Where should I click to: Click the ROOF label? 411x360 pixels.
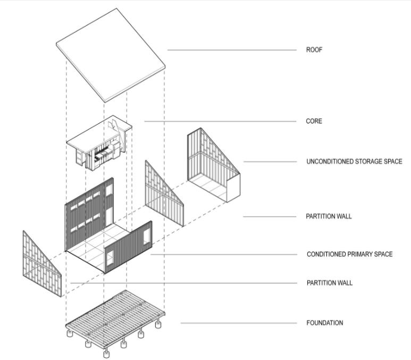point(314,50)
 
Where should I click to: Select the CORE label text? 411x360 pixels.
point(314,121)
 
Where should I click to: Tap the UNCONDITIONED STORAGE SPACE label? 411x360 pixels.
point(354,162)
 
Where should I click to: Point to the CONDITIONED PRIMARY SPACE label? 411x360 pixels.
point(349,254)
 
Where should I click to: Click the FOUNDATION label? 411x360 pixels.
point(325,323)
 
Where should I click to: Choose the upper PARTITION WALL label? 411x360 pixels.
point(329,216)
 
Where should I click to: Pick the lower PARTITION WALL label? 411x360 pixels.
point(329,283)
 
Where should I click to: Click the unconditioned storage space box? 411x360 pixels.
point(213,165)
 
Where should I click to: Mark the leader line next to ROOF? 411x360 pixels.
point(232,50)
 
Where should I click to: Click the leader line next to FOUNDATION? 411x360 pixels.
point(239,323)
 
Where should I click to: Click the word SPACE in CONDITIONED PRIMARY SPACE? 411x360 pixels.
point(382,254)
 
